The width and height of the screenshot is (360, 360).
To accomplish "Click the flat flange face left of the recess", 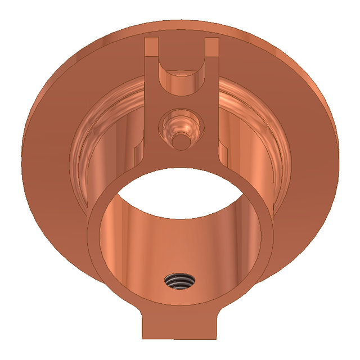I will [x=48, y=169].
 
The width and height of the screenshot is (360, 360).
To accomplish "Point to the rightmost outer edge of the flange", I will [x=339, y=169].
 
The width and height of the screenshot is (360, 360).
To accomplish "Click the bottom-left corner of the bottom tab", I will [x=143, y=338].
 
